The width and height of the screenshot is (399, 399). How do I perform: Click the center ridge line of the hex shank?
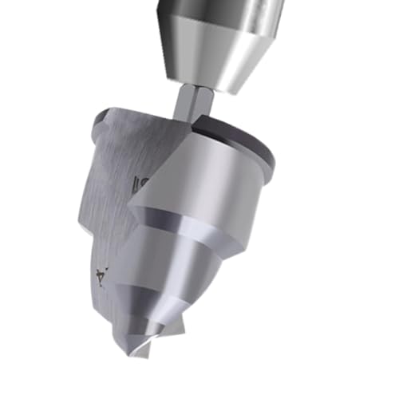194,104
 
